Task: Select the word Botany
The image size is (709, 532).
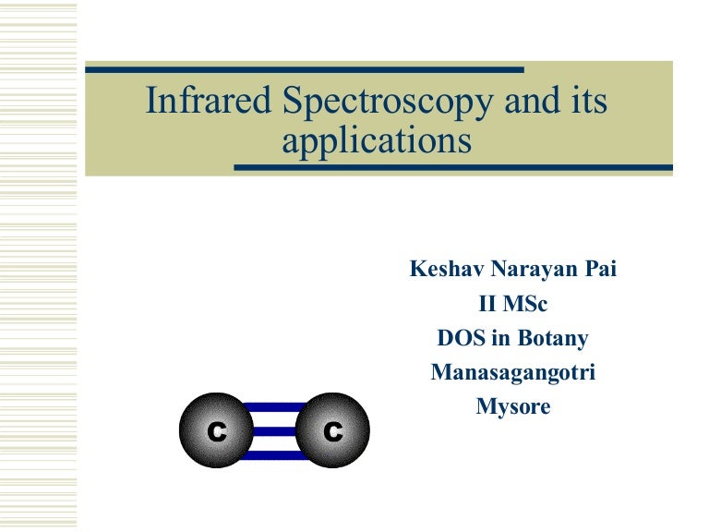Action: pyautogui.click(x=553, y=338)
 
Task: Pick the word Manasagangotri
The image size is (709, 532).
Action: pyautogui.click(x=512, y=372)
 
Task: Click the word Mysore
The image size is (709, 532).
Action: pyautogui.click(x=512, y=406)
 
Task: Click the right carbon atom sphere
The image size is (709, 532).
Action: pyautogui.click(x=333, y=431)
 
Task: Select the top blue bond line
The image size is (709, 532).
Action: pyautogui.click(x=274, y=408)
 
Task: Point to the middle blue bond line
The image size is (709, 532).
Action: pyautogui.click(x=274, y=431)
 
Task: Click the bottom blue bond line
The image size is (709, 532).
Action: pyautogui.click(x=274, y=454)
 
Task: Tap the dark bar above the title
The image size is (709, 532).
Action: pyautogui.click(x=305, y=69)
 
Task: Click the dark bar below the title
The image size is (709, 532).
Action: pyautogui.click(x=452, y=168)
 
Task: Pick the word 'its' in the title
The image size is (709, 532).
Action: pyautogui.click(x=589, y=102)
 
